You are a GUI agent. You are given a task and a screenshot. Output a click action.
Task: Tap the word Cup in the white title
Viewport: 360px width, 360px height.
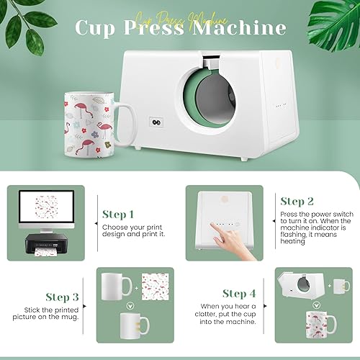[98, 30]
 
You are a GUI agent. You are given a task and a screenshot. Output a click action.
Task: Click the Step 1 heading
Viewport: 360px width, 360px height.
[118, 215]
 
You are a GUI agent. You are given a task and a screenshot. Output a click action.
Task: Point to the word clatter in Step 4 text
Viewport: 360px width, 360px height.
[249, 314]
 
